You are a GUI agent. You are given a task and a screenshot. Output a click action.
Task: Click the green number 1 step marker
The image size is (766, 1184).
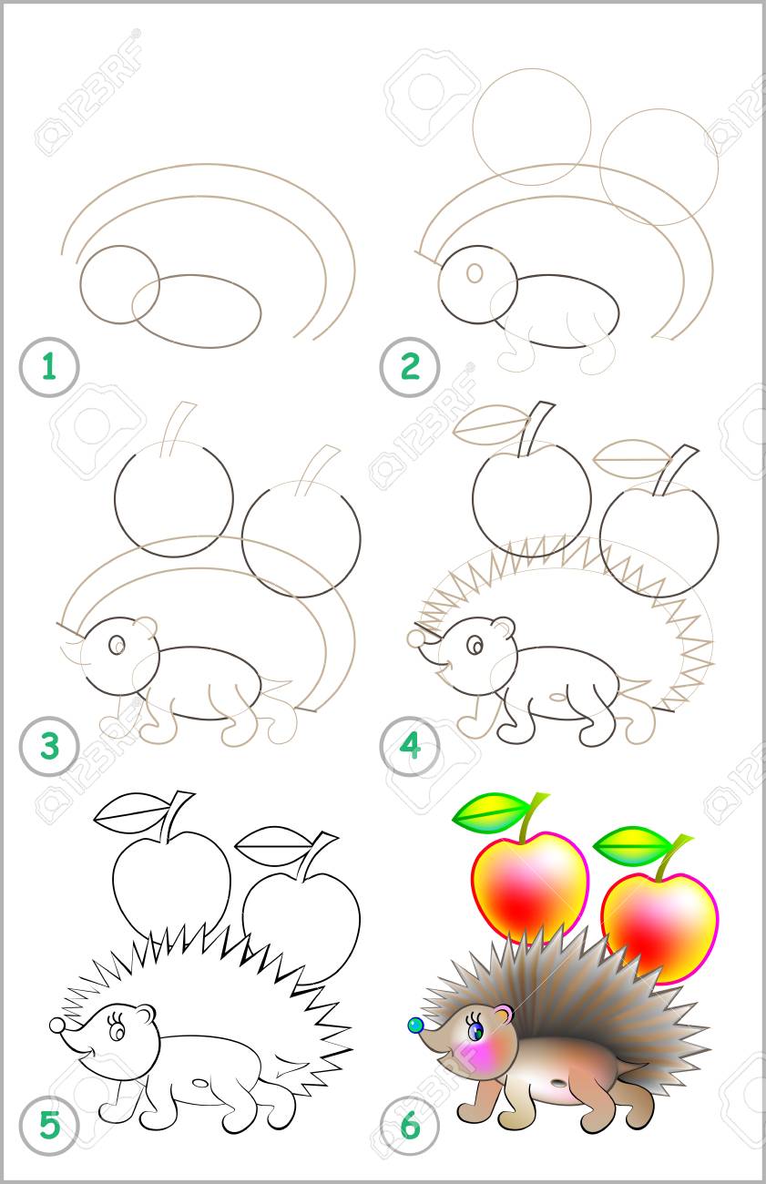click(x=49, y=367)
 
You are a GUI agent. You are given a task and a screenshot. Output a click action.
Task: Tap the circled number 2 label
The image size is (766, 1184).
click(x=410, y=367)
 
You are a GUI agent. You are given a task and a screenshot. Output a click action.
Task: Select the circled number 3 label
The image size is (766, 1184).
click(x=49, y=746)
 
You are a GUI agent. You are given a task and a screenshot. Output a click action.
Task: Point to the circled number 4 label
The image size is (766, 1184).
click(x=410, y=746)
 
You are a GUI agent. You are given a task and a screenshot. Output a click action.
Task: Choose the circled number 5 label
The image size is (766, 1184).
click(x=49, y=1124)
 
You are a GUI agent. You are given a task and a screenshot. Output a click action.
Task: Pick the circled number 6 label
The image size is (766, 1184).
click(x=410, y=1124)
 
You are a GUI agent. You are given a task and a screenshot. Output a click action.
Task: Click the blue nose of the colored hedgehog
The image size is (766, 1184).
click(x=415, y=1026)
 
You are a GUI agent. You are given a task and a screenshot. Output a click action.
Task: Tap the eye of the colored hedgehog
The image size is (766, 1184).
click(x=475, y=1028)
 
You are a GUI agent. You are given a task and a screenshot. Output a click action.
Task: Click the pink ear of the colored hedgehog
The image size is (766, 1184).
click(x=504, y=1012)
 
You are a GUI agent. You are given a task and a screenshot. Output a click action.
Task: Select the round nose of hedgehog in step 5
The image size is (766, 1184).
click(x=56, y=1026)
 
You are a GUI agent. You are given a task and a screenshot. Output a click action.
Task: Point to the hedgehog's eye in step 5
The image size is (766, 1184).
click(x=117, y=1029)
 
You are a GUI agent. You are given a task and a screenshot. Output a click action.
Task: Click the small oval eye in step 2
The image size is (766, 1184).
click(x=475, y=272)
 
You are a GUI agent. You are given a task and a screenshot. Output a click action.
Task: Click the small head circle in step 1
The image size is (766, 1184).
click(x=120, y=284)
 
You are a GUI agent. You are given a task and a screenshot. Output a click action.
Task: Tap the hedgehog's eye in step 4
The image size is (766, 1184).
click(x=475, y=646)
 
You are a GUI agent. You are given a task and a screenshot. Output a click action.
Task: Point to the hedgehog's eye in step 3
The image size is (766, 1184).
click(x=117, y=645)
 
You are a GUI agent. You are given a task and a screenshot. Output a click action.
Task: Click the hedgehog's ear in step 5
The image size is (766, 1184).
click(x=146, y=1013)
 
